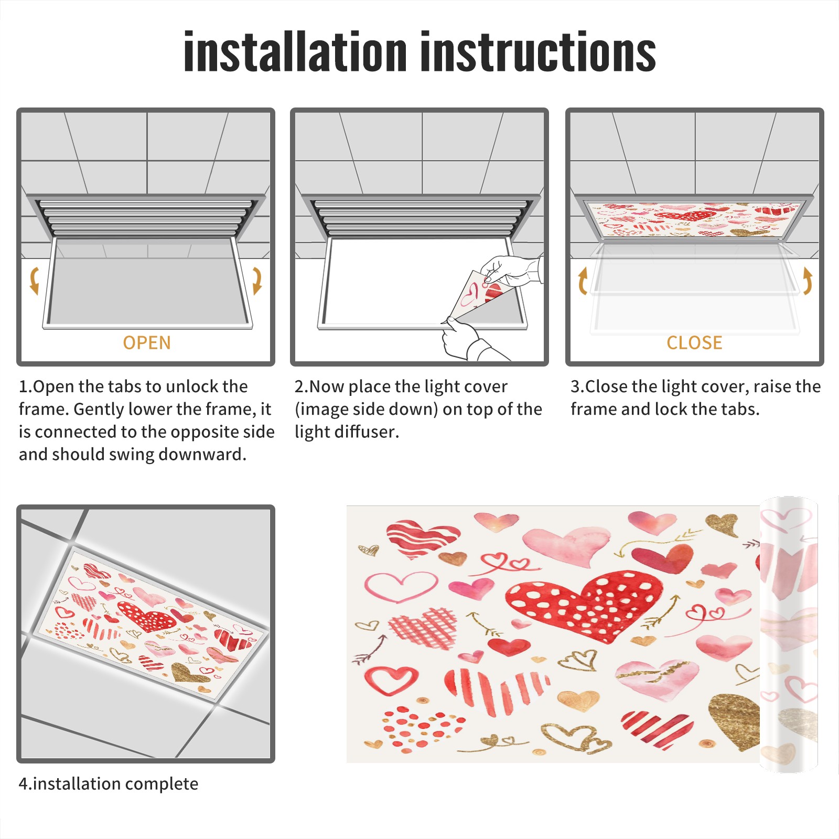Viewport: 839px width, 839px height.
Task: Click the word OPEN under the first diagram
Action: pyautogui.click(x=147, y=343)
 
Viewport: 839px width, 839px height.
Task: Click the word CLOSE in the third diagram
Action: pyautogui.click(x=694, y=343)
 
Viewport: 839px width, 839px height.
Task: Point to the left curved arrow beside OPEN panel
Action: pyautogui.click(x=34, y=281)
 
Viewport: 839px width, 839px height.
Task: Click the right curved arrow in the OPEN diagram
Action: pyautogui.click(x=257, y=281)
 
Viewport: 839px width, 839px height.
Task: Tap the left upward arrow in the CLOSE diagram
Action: pyautogui.click(x=583, y=281)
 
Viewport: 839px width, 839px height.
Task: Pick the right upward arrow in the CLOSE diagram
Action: pyautogui.click(x=808, y=281)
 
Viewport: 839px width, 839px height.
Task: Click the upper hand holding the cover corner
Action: pyautogui.click(x=511, y=270)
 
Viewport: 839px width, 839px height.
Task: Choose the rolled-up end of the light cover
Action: pyautogui.click(x=789, y=634)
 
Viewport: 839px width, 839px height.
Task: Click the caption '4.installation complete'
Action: pyautogui.click(x=109, y=784)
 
